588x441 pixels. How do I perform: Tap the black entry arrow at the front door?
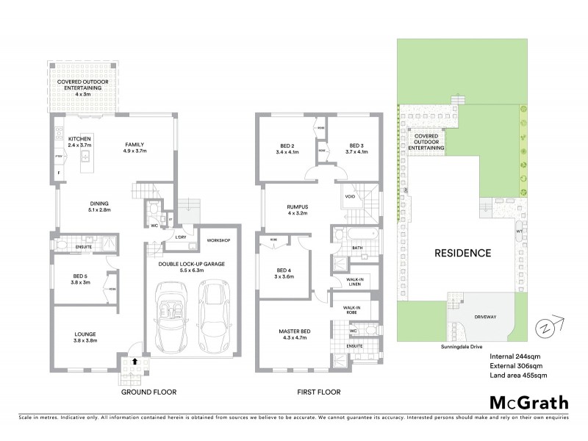click(135, 361)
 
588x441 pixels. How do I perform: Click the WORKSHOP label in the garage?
click(219, 241)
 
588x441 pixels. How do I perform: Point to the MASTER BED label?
click(294, 332)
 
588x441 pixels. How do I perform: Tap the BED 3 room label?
click(356, 146)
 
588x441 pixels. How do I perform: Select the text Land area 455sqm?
click(518, 376)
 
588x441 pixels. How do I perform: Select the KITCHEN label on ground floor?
click(79, 139)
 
